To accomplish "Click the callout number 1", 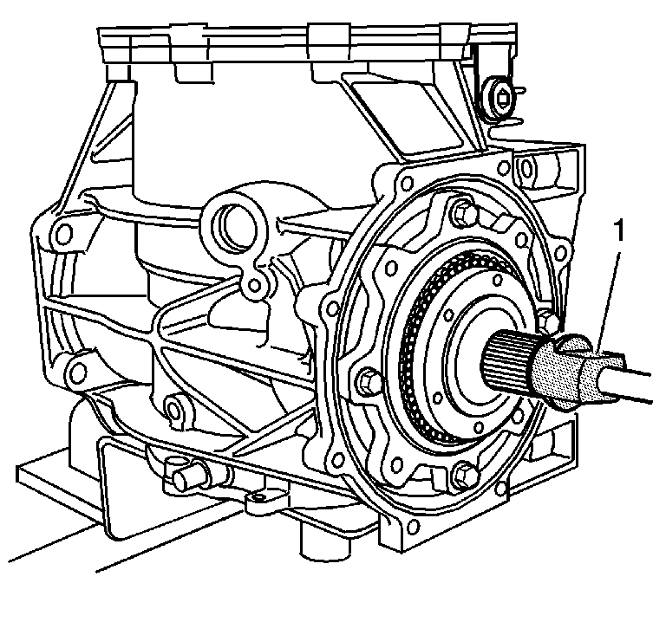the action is point(620,230).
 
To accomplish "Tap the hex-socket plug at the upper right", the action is point(502,99).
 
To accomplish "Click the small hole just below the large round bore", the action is point(254,285).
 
